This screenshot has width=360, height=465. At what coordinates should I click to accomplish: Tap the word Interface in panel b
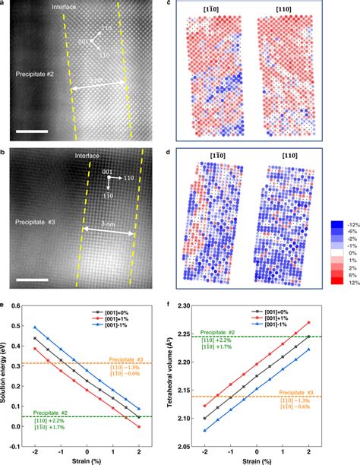click(x=89, y=157)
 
